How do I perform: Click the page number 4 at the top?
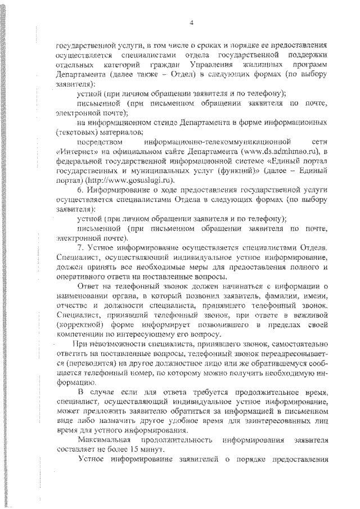click(191, 22)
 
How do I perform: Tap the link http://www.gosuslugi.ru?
click(137, 179)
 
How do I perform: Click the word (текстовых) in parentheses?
click(78, 132)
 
